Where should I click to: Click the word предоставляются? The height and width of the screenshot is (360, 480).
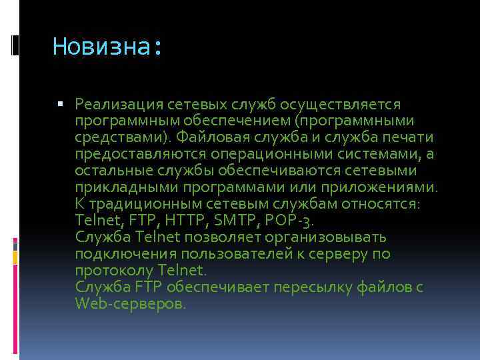tap(132, 154)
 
